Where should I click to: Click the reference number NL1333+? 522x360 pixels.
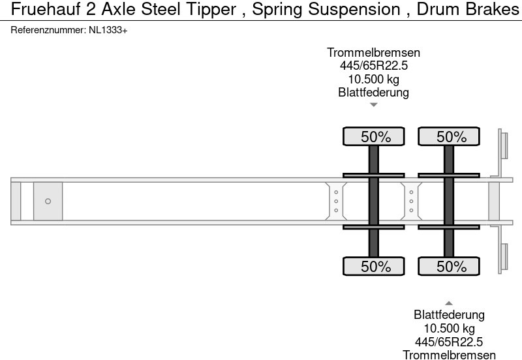pyautogui.click(x=108, y=31)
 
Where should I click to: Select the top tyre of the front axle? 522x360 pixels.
pyautogui.click(x=374, y=137)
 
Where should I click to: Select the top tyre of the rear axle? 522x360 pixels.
pyautogui.click(x=449, y=137)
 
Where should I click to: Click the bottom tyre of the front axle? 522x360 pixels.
pyautogui.click(x=374, y=266)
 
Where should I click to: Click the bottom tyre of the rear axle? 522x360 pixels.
pyautogui.click(x=449, y=266)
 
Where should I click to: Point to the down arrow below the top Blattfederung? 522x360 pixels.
pyautogui.click(x=373, y=104)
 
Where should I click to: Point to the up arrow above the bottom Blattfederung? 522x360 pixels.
pyautogui.click(x=449, y=303)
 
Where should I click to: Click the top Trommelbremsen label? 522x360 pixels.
pyautogui.click(x=373, y=53)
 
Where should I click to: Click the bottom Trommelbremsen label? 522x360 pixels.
pyautogui.click(x=449, y=354)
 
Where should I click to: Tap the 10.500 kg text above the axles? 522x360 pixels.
pyautogui.click(x=373, y=79)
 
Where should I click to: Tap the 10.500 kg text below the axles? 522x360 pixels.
pyautogui.click(x=449, y=328)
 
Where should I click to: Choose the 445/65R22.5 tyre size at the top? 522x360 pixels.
pyautogui.click(x=373, y=66)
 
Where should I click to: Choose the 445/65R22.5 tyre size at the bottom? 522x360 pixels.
pyautogui.click(x=449, y=341)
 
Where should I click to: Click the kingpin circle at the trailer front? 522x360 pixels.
pyautogui.click(x=48, y=202)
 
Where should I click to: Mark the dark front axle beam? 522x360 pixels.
pyautogui.click(x=374, y=202)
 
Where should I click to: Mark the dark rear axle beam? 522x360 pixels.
pyautogui.click(x=449, y=202)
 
